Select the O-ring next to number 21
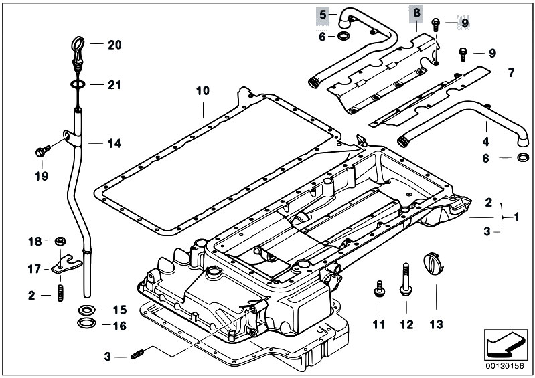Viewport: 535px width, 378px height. click(77, 85)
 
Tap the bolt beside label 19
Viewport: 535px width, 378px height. click(42, 151)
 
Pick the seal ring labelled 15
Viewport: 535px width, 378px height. click(86, 310)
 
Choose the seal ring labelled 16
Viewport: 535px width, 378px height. click(86, 325)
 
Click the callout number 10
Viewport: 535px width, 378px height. click(202, 90)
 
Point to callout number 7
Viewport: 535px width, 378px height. click(512, 72)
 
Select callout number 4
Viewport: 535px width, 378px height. click(486, 141)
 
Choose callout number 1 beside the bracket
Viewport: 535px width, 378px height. click(516, 217)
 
